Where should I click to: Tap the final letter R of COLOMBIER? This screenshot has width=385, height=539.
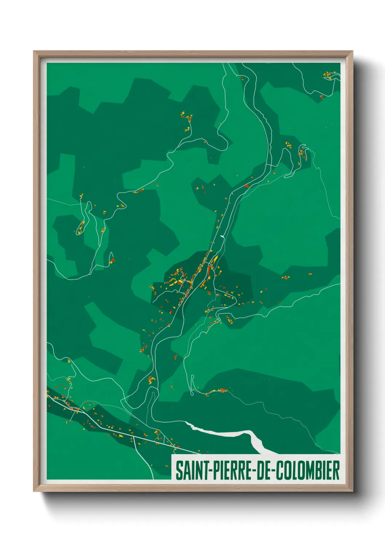click(336, 470)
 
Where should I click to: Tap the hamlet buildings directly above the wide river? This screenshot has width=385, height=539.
click(218, 392)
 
